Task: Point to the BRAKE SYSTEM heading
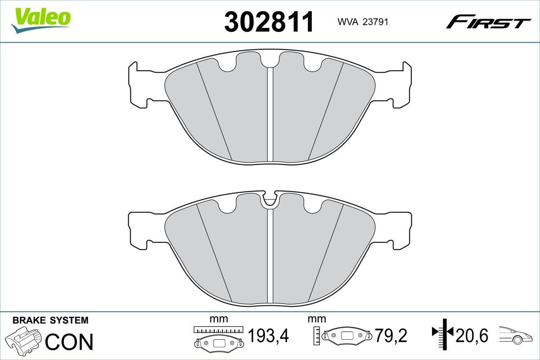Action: click(50, 320)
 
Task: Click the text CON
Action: click(69, 342)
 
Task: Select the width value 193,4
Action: click(268, 335)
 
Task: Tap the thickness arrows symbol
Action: click(442, 333)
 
